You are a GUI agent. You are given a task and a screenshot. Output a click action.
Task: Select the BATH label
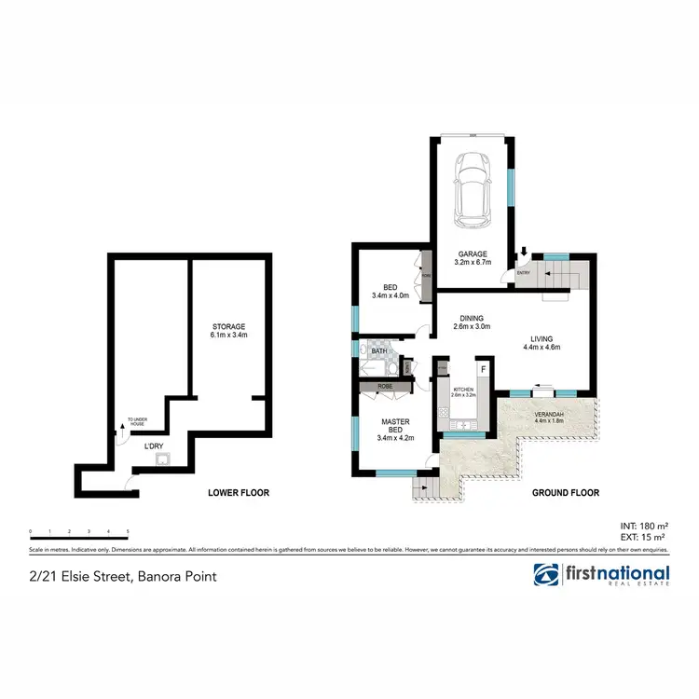(x=379, y=350)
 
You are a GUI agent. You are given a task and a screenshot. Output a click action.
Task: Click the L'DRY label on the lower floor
(x=153, y=446)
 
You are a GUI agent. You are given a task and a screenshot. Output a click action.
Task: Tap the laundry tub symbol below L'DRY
(x=162, y=459)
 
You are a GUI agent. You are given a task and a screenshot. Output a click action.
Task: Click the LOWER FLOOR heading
(x=234, y=492)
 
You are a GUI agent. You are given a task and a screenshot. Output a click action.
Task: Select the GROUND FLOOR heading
(x=566, y=492)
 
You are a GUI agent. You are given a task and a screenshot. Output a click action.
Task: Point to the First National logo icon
(x=546, y=574)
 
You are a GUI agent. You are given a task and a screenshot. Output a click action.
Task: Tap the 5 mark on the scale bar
(x=127, y=532)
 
